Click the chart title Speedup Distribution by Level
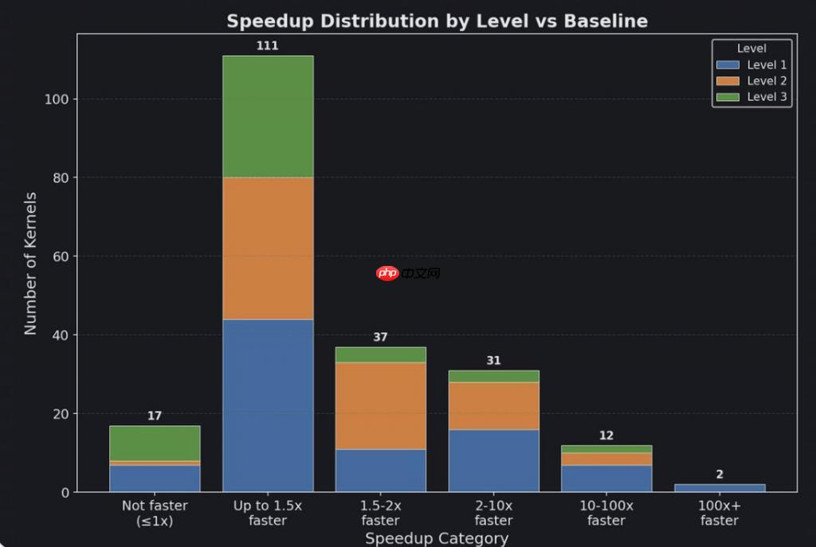click(437, 21)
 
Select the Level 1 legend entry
click(752, 65)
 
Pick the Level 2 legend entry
click(752, 81)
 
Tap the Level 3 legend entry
click(752, 97)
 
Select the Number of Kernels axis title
click(30, 263)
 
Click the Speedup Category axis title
click(437, 538)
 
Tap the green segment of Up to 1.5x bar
click(268, 116)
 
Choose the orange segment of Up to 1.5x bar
click(268, 248)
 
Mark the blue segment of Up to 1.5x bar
click(268, 405)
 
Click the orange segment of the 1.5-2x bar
click(381, 405)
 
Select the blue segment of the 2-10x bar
click(494, 460)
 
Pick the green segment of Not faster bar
click(155, 443)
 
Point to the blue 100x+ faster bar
click(720, 488)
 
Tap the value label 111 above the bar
click(268, 46)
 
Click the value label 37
click(381, 338)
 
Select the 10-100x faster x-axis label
click(606, 513)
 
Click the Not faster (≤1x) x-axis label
click(155, 513)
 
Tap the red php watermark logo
click(388, 274)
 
